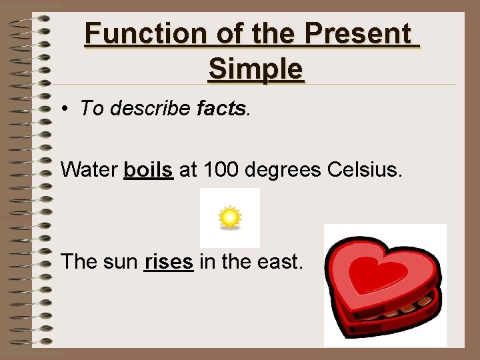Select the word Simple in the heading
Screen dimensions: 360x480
[255, 68]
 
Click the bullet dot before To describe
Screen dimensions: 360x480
[68, 109]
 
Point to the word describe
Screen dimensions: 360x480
[150, 109]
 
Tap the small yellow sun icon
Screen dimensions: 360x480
[230, 218]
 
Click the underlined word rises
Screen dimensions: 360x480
[169, 261]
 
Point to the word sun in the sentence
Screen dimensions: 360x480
[121, 262]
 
